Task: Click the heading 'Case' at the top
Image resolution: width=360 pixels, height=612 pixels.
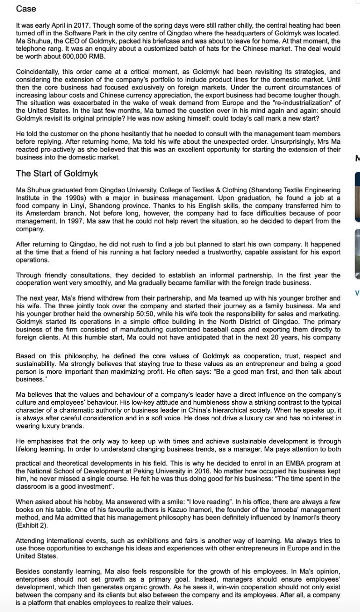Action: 26,9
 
